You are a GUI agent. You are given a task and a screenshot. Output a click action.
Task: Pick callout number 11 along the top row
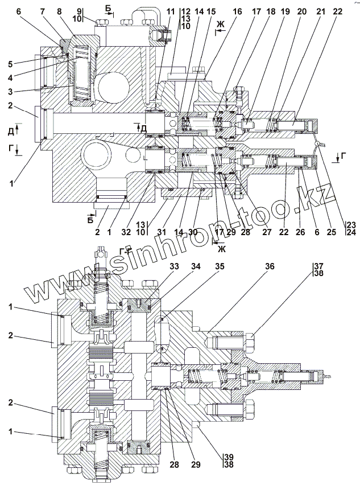(171, 12)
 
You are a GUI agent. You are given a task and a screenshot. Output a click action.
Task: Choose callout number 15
(211, 12)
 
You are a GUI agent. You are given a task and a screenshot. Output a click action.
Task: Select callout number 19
(285, 12)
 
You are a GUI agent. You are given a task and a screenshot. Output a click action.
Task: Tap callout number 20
(302, 12)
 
